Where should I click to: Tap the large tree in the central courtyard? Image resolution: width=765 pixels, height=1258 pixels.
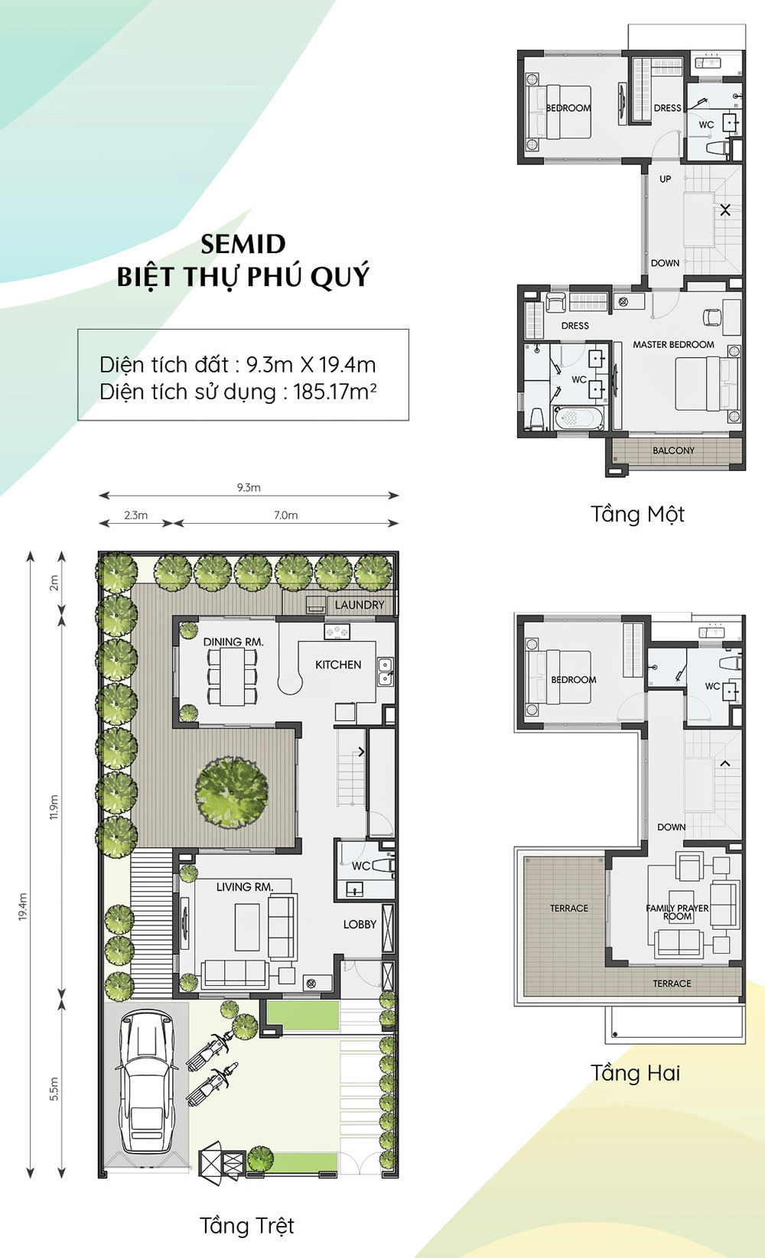click(232, 792)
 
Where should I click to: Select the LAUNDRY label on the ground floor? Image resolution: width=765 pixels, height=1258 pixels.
click(359, 605)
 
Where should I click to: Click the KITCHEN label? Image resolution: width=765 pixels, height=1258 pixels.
click(338, 665)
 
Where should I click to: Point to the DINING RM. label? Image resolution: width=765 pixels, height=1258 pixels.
click(233, 642)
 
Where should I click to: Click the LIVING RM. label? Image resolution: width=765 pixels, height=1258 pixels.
click(244, 887)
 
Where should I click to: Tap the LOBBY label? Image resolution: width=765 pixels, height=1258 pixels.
click(360, 924)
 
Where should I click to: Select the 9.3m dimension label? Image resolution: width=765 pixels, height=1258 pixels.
click(249, 487)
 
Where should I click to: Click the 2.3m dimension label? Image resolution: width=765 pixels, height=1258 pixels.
click(136, 515)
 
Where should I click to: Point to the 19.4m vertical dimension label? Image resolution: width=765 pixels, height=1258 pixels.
click(23, 906)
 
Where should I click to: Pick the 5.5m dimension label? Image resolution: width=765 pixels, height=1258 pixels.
click(54, 1089)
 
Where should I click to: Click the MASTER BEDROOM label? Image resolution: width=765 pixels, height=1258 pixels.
click(673, 345)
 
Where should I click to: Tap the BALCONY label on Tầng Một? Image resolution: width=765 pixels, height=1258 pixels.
click(673, 450)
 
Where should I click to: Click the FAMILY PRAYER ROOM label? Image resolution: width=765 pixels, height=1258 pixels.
click(677, 912)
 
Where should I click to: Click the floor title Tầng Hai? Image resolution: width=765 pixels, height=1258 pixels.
click(635, 1073)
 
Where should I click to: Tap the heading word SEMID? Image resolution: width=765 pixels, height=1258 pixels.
click(243, 245)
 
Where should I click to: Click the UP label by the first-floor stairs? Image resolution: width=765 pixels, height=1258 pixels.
click(665, 179)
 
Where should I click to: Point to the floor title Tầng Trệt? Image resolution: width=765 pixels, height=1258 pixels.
click(246, 1226)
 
